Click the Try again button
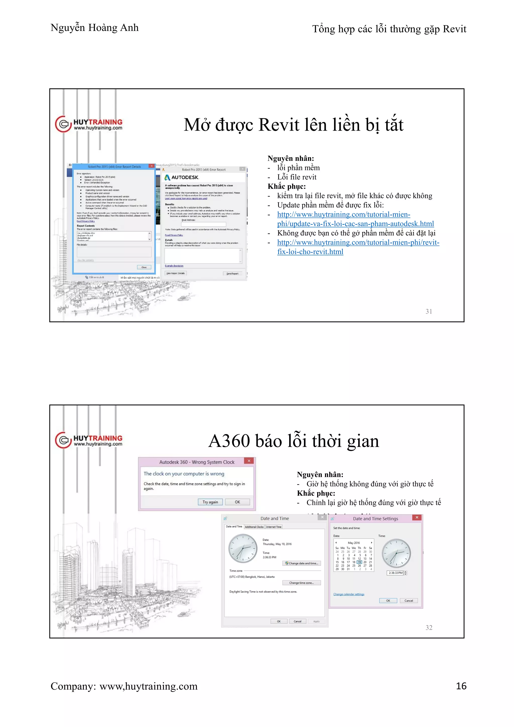tap(210, 502)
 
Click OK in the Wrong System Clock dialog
tap(237, 502)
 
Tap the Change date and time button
tap(302, 563)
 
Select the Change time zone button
tap(301, 583)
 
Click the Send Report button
tap(232, 274)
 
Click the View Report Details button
tap(176, 273)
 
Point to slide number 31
tap(429, 311)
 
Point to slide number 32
tap(429, 628)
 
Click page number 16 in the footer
tap(461, 686)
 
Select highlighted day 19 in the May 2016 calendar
tap(359, 562)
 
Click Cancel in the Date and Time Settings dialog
tap(409, 601)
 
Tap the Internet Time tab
tap(274, 527)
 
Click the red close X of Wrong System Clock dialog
tap(249, 461)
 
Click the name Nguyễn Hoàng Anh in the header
tap(95, 28)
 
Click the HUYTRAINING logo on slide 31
tap(89, 124)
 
